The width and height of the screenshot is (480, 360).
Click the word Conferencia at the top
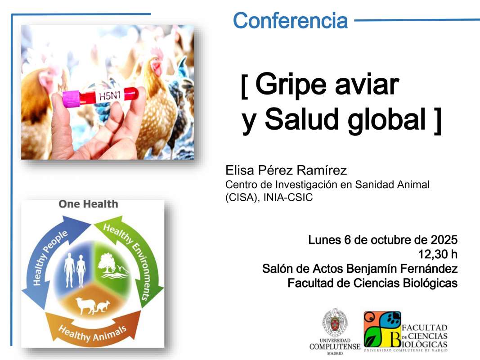click(x=290, y=21)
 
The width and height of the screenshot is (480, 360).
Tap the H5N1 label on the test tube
click(x=110, y=96)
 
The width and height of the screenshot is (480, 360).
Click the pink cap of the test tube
click(x=71, y=99)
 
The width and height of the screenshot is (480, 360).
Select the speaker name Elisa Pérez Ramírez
click(x=286, y=170)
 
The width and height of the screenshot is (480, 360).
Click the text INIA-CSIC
click(x=288, y=198)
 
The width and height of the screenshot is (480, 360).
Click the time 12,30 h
click(x=438, y=254)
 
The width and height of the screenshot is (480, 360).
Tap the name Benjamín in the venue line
click(x=372, y=269)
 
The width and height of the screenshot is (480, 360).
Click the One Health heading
click(x=88, y=204)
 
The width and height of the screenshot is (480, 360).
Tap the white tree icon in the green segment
click(x=107, y=263)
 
